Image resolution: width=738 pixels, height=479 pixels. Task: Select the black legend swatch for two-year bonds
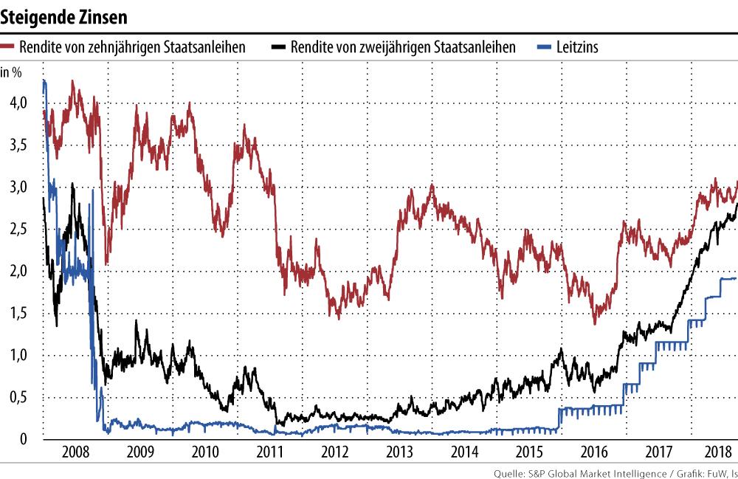(277, 47)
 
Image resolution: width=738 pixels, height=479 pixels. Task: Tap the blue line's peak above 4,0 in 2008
(44, 80)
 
